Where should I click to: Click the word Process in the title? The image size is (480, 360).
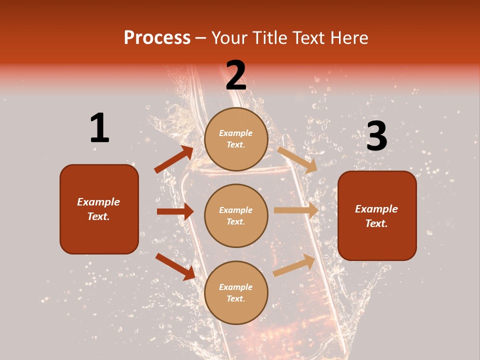[157, 37]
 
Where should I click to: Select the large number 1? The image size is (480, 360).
[99, 128]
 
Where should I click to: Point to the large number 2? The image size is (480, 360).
[236, 75]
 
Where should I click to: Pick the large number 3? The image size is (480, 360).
[376, 136]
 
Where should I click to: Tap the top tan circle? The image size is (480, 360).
[236, 139]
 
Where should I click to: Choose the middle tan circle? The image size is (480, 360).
[236, 215]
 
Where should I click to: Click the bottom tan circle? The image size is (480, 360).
[236, 292]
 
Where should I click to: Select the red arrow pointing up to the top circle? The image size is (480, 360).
[174, 159]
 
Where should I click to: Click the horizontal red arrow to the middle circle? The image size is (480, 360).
[175, 211]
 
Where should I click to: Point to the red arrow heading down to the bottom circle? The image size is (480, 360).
[175, 266]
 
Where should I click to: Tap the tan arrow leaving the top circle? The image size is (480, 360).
[297, 159]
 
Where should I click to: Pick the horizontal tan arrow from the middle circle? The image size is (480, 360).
[296, 210]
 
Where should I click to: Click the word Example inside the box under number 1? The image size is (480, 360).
[98, 202]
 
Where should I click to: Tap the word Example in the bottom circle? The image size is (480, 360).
[236, 287]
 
